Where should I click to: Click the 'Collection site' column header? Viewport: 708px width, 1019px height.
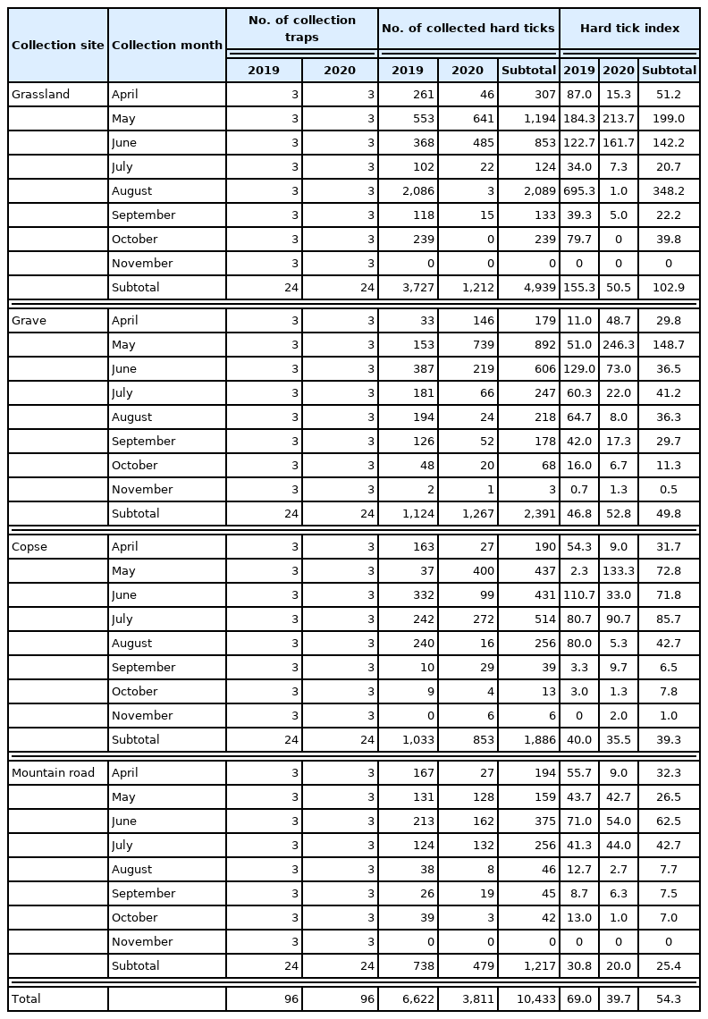(58, 46)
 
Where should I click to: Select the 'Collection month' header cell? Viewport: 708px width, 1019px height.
(167, 46)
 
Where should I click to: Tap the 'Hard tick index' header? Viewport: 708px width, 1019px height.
(629, 28)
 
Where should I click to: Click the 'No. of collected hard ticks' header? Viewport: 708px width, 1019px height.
(468, 28)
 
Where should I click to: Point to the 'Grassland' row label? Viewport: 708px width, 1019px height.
(40, 94)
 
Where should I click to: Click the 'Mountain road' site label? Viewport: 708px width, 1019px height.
(53, 772)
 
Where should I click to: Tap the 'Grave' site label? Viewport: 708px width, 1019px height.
(29, 320)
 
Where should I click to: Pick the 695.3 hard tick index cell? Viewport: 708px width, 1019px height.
(579, 190)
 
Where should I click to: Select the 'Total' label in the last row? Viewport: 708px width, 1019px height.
(26, 998)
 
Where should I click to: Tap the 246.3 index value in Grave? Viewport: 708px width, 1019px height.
(618, 344)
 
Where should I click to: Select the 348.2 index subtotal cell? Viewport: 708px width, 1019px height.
(669, 190)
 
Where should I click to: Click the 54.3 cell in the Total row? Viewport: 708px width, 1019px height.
(669, 998)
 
